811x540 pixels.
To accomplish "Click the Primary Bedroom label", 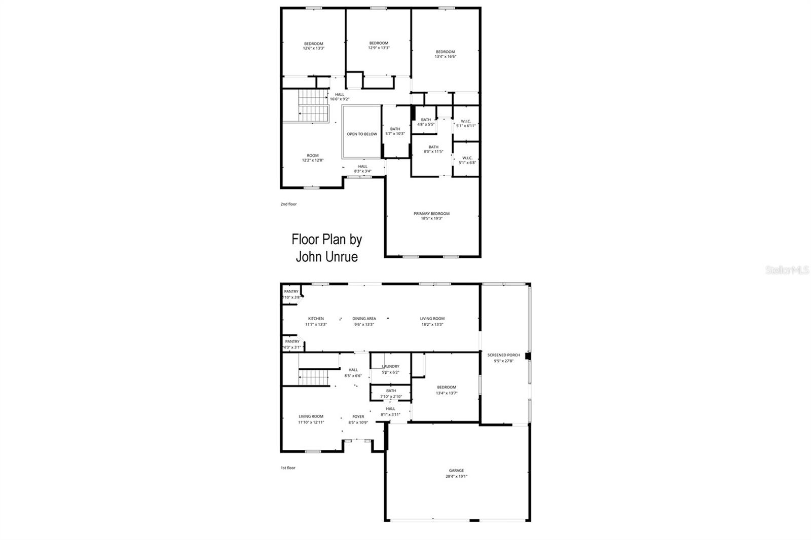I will (431, 214).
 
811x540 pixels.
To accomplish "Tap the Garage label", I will (456, 471).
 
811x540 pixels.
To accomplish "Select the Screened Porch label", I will (503, 355).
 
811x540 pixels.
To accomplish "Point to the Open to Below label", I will (362, 134).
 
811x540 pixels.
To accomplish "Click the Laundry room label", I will (390, 366).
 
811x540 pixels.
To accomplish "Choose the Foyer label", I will (358, 417).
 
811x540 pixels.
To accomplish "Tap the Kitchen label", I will (315, 319).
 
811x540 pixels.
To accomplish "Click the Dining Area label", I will (364, 319).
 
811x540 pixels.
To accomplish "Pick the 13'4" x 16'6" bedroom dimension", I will (445, 57).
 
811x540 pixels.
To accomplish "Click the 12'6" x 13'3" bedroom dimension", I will (313, 48).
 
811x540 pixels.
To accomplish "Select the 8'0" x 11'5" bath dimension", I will (433, 151).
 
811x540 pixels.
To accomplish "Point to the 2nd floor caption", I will (288, 204).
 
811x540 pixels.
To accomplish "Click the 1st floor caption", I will (288, 468).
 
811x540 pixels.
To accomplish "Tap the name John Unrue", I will (326, 257).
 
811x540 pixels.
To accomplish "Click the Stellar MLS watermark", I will (787, 271).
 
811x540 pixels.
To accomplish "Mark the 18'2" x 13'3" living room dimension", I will (432, 324).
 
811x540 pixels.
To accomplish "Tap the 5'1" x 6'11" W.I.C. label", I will (466, 125).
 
